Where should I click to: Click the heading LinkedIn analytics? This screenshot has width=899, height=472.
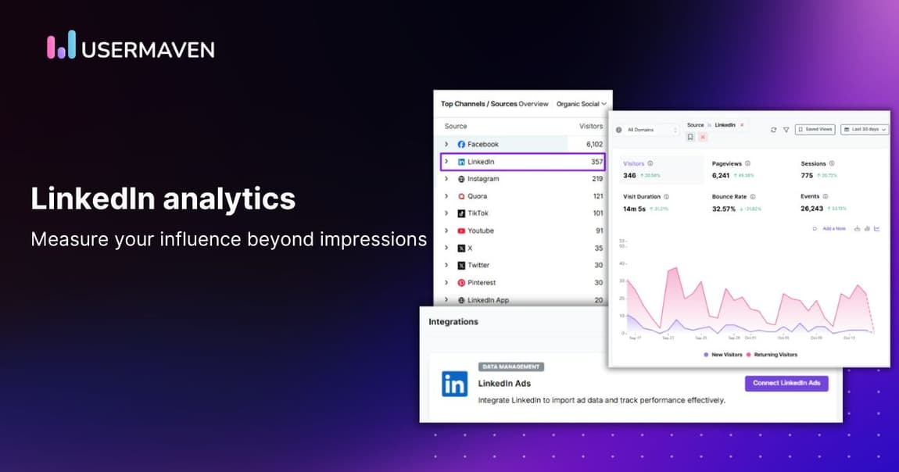(163, 198)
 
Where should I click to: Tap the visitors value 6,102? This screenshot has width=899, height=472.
(594, 145)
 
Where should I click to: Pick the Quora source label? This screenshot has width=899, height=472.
(477, 196)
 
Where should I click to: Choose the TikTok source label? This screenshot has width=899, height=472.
(478, 213)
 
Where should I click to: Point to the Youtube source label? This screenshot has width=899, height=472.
(480, 231)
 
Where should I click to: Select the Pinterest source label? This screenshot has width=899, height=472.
(481, 282)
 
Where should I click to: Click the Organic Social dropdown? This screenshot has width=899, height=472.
(581, 104)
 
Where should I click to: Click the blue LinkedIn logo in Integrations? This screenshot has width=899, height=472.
(454, 384)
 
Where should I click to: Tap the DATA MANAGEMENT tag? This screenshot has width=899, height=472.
(510, 367)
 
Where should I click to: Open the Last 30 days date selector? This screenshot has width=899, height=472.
(865, 130)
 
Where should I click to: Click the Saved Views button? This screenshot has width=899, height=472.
(815, 130)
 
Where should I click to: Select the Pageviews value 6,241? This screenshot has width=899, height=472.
(720, 176)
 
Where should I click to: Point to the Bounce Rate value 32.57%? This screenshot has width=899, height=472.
(724, 209)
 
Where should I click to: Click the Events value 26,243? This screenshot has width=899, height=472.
(812, 209)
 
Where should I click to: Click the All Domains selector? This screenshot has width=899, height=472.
(646, 130)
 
